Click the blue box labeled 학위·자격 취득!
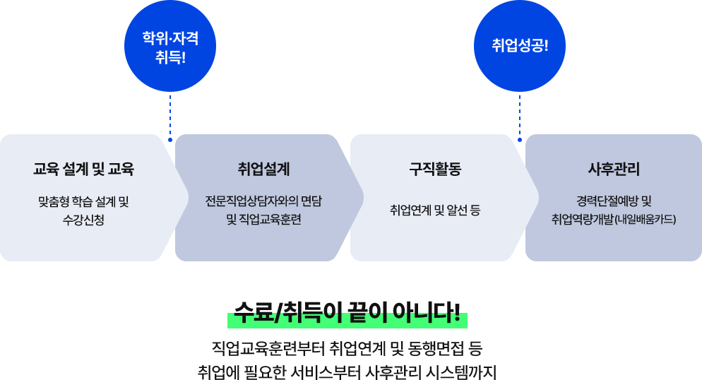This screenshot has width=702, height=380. (x=169, y=46)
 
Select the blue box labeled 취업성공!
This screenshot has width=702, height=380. (x=519, y=46)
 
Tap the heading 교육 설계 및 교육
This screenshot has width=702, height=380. (x=83, y=170)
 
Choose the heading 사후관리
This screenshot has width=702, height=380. (x=614, y=170)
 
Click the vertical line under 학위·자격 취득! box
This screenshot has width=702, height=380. (x=170, y=113)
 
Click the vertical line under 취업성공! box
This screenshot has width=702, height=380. (x=519, y=113)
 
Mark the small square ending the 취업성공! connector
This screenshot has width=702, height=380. (x=519, y=140)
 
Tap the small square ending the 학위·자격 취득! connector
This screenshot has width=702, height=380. (x=170, y=140)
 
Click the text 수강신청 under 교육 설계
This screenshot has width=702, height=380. (x=83, y=220)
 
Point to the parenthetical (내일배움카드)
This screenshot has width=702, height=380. (x=646, y=220)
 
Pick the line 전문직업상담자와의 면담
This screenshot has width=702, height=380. (x=263, y=201)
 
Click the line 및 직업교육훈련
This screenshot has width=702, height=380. (x=263, y=220)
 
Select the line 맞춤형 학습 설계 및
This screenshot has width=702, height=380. (x=83, y=201)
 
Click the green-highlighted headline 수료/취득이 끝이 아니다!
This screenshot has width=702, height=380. (x=347, y=315)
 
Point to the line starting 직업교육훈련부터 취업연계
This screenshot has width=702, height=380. (x=347, y=348)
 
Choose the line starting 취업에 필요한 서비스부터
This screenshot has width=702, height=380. (x=347, y=371)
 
